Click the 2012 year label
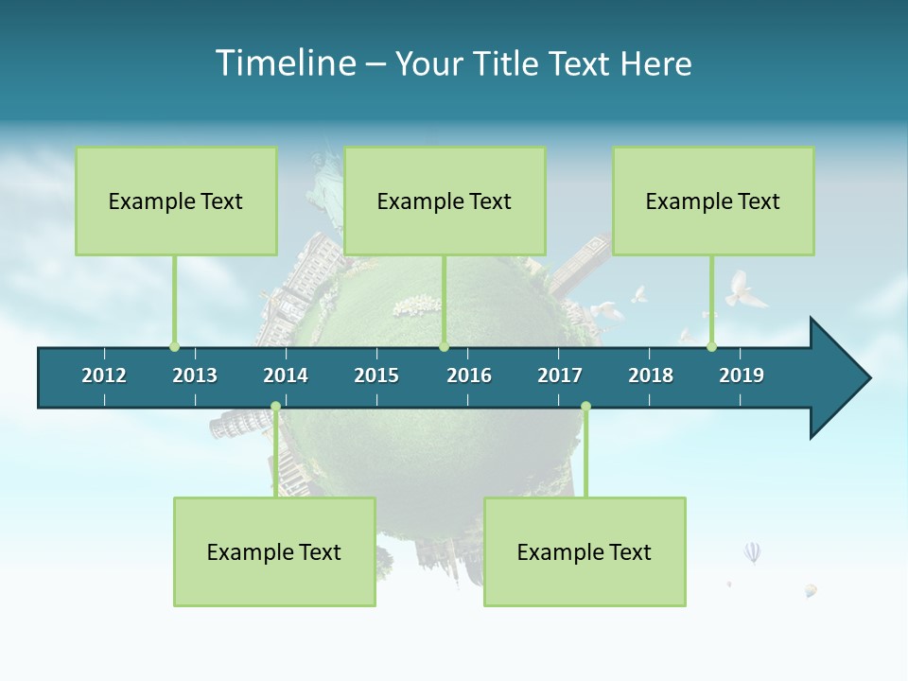(104, 375)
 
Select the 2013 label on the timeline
(195, 375)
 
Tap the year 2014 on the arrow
(286, 375)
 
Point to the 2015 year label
(376, 375)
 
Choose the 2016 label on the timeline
(469, 375)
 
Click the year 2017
(560, 375)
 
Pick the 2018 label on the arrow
(651, 375)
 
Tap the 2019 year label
(742, 375)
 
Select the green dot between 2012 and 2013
(174, 346)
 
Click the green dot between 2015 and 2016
(444, 346)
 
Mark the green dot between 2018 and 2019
(711, 346)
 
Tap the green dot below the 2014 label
(275, 407)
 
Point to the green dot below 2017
(585, 407)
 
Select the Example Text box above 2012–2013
(176, 201)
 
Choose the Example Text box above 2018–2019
(713, 201)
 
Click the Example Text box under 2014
(274, 551)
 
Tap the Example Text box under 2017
(585, 551)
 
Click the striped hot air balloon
(752, 552)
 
